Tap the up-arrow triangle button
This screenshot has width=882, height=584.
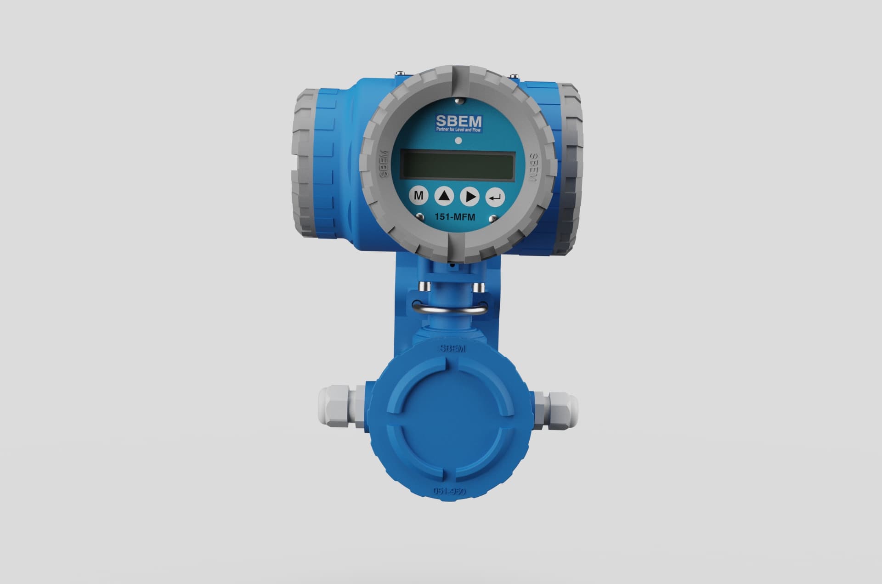pos(444,197)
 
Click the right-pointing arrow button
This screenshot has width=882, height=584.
pos(469,197)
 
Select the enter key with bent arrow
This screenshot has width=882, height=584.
pos(495,198)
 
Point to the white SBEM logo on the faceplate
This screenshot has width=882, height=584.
pos(458,121)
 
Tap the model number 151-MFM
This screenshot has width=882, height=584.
pos(455,217)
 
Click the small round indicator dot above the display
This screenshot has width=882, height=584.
pos(458,141)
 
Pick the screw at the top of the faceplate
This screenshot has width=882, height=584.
pos(458,101)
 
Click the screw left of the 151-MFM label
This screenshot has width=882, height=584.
pos(419,216)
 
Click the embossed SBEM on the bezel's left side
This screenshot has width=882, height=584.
pos(384,164)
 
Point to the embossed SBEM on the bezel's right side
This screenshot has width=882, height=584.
pos(533,168)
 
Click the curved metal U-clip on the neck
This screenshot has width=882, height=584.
pos(449,310)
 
